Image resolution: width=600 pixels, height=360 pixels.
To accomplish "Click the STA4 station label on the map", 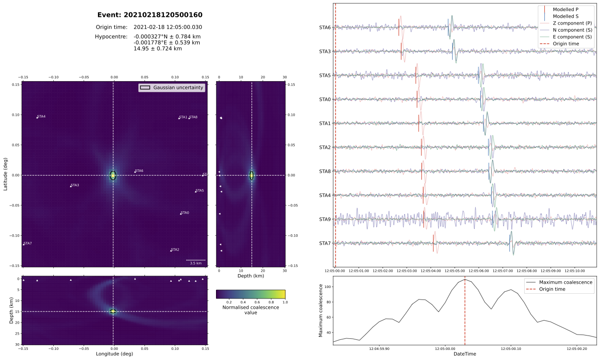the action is click(41, 117).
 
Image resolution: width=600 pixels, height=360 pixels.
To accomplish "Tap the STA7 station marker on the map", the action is click(24, 244).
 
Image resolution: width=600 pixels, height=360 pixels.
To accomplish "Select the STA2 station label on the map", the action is click(175, 250).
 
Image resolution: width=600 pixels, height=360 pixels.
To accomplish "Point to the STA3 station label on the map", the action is click(75, 185).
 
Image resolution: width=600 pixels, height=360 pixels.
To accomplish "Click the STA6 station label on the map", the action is click(139, 170).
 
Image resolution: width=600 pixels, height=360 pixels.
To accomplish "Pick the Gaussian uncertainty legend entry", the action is click(172, 87).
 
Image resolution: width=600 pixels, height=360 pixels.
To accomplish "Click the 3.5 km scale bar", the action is click(196, 260).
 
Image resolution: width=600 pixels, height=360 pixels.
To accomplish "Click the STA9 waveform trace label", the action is click(325, 219).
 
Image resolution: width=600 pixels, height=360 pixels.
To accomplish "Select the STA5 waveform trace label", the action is click(325, 75).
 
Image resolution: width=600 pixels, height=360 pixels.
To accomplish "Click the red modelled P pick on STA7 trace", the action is click(433, 243).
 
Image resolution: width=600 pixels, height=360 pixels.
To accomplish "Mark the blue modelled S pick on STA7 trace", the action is click(509, 243).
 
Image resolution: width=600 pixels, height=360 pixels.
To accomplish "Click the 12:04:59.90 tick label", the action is click(379, 349).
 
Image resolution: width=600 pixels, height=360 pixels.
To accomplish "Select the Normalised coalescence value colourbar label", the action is click(251, 310).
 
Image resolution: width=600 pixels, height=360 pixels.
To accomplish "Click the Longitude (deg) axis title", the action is click(115, 354).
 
